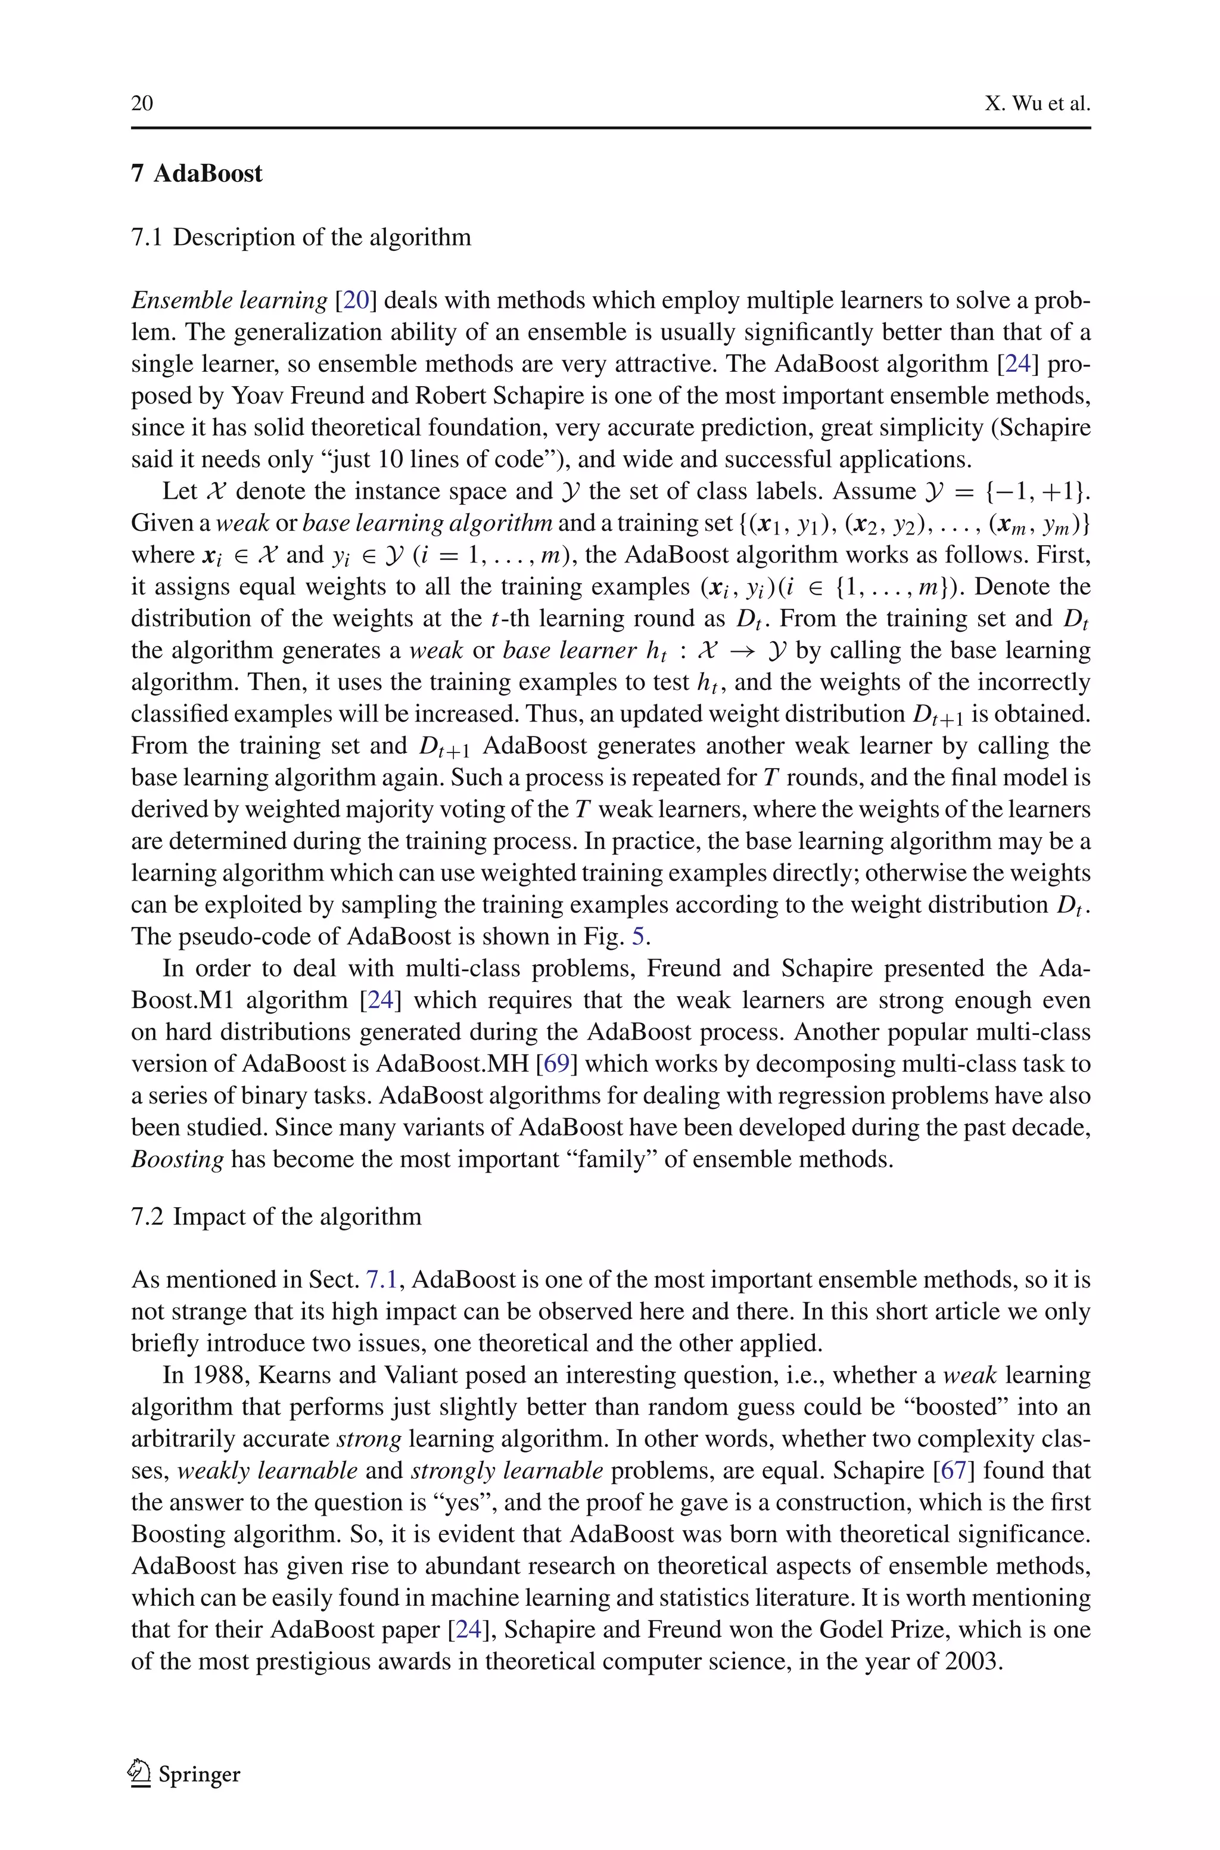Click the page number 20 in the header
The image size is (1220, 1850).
click(142, 104)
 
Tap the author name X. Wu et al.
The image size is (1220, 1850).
click(1037, 104)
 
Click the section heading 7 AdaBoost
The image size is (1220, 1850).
click(197, 173)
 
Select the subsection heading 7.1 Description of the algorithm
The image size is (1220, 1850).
click(301, 237)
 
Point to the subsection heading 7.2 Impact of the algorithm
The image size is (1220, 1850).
click(276, 1216)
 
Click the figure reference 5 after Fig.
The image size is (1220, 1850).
click(637, 936)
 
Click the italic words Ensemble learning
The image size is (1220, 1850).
click(229, 300)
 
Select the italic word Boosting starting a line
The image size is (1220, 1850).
click(178, 1159)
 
